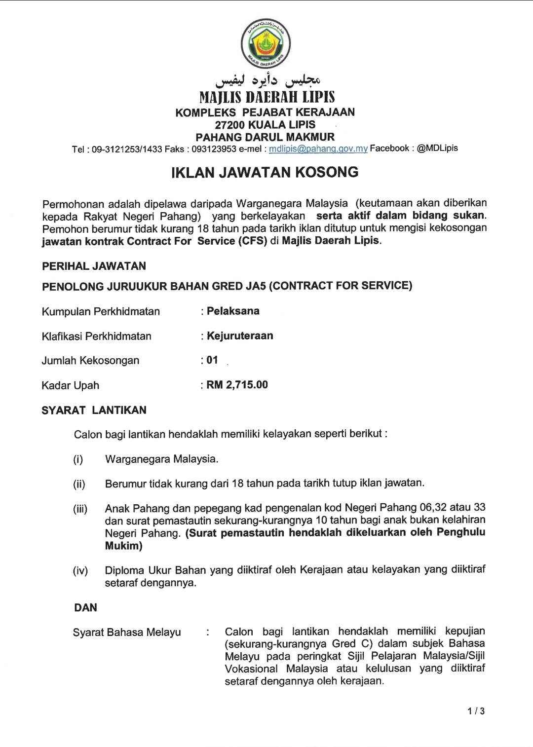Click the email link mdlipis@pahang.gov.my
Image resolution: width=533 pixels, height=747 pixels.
click(x=318, y=149)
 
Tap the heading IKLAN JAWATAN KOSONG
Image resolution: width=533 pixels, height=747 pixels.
click(x=265, y=172)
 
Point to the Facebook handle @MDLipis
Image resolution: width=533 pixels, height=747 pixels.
click(x=437, y=148)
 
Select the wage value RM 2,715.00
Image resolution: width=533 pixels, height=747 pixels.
click(x=237, y=385)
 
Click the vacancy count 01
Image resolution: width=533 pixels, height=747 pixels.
click(x=212, y=360)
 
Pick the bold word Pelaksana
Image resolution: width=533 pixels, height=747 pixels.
click(x=233, y=311)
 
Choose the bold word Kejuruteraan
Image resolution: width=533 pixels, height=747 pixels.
click(x=240, y=336)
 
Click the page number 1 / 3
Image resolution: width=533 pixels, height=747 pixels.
click(x=476, y=711)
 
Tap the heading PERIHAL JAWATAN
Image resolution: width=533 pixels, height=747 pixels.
click(x=94, y=266)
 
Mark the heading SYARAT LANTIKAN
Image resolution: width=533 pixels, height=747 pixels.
click(x=94, y=410)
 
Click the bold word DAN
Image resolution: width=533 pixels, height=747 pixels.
click(x=85, y=607)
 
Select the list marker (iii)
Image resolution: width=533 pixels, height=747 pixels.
click(x=80, y=509)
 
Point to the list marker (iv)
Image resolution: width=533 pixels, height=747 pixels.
click(x=80, y=571)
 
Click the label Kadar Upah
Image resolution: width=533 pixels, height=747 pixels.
click(x=70, y=385)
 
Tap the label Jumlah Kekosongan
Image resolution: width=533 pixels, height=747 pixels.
click(x=90, y=361)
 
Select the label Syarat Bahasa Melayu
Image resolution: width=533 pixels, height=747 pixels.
click(x=127, y=632)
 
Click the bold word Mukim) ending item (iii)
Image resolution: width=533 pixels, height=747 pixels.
click(x=123, y=546)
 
